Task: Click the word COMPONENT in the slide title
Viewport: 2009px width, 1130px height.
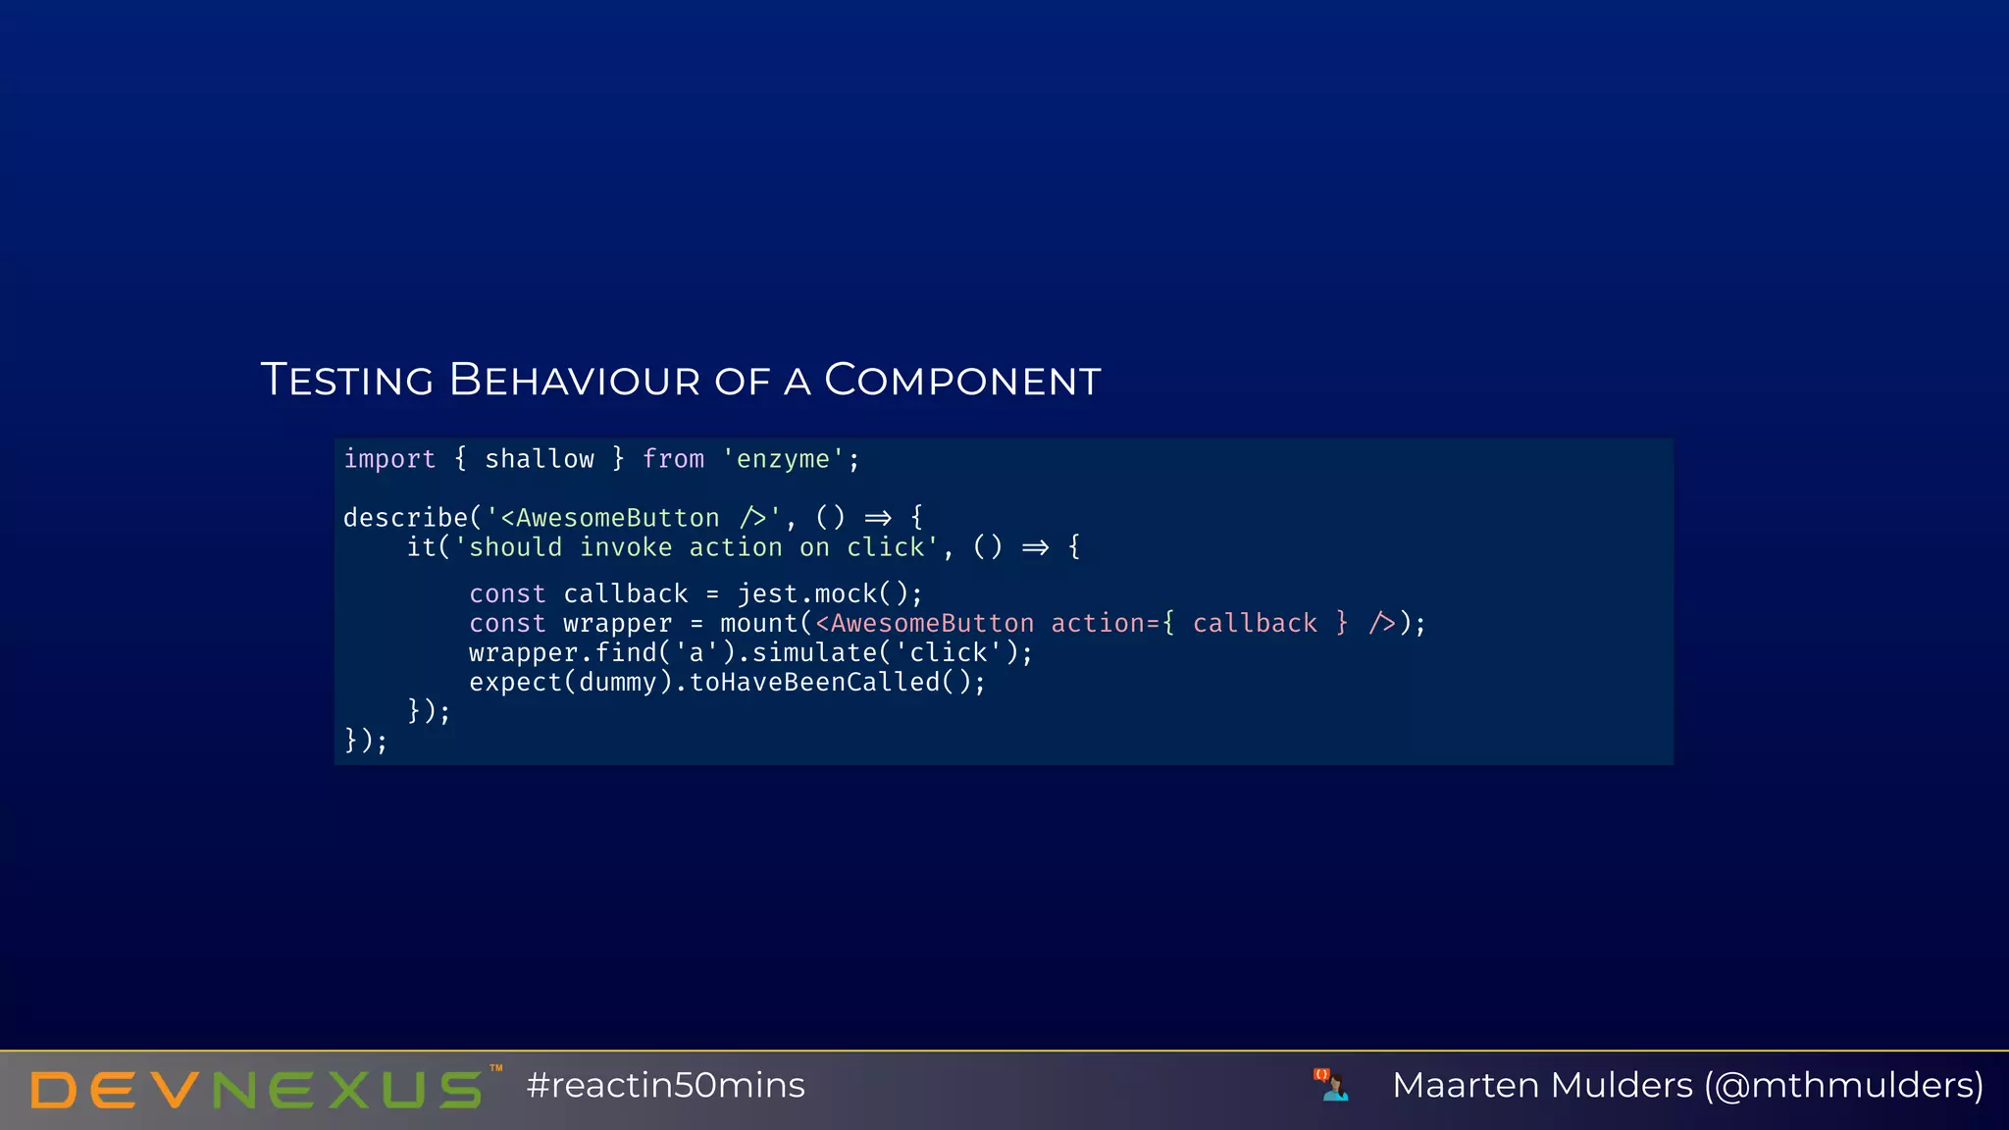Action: [962, 381]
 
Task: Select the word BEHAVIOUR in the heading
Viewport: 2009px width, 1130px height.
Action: [574, 381]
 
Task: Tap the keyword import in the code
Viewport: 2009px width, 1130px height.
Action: [389, 459]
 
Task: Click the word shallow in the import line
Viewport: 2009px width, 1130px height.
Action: [540, 459]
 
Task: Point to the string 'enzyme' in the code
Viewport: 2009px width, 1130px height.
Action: [783, 459]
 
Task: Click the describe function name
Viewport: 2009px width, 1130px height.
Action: [405, 518]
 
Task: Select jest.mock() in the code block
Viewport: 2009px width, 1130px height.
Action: [830, 594]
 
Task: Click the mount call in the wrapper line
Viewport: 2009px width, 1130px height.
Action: [758, 624]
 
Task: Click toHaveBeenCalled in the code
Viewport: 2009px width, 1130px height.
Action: [814, 683]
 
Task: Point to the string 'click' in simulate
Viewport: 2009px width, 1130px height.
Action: [948, 653]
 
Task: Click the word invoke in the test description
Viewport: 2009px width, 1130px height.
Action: [626, 547]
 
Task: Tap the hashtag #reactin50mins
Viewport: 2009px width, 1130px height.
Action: [665, 1086]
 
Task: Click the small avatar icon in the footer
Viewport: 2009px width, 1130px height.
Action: [1331, 1085]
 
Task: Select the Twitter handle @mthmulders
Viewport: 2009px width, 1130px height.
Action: [1844, 1086]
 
